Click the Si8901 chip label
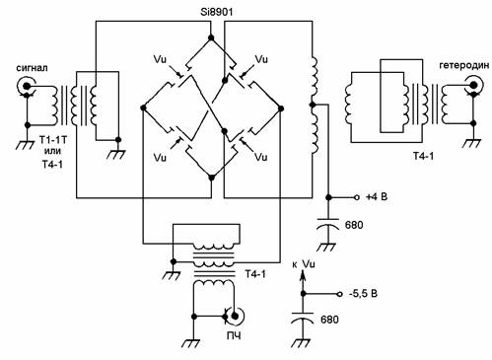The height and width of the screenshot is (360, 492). (x=217, y=13)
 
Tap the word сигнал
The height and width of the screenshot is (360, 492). (x=32, y=68)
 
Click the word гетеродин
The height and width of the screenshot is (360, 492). (x=463, y=66)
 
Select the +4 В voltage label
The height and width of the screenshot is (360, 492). (x=377, y=197)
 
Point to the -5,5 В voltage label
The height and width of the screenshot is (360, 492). (x=363, y=293)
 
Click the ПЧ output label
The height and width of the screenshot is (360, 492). (x=234, y=335)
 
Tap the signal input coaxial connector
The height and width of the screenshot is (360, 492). (x=26, y=87)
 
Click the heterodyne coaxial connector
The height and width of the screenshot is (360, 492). (x=474, y=86)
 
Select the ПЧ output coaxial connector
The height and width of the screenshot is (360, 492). (x=234, y=317)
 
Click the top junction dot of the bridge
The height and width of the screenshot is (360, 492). (x=211, y=38)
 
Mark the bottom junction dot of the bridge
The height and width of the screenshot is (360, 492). (x=212, y=178)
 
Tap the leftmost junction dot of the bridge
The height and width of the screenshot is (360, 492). (x=143, y=108)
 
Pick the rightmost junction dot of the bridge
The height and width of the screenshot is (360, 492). (x=281, y=108)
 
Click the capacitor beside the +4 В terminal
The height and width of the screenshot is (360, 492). (x=328, y=224)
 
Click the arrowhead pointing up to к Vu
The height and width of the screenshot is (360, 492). (x=303, y=275)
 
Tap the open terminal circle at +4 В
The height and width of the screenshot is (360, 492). (x=356, y=197)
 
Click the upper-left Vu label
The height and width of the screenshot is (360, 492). (x=160, y=59)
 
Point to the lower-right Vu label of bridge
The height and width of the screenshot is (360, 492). (x=261, y=157)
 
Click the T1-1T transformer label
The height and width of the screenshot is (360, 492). (x=52, y=140)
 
